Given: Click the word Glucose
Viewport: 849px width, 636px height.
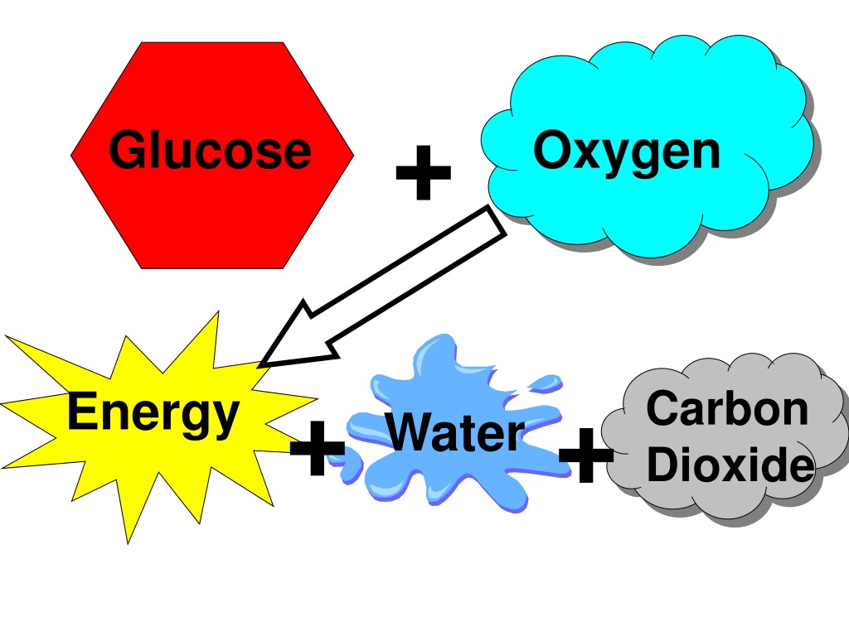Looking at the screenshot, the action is point(210,149).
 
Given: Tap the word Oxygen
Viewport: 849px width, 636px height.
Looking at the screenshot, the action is point(627,153).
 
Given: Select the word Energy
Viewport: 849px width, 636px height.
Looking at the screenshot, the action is point(153,414).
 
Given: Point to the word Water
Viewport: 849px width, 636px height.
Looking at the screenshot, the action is point(455,432).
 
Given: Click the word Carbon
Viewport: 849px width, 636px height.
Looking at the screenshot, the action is point(727,408).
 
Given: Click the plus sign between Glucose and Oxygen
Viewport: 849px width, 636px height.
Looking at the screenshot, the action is point(424,172).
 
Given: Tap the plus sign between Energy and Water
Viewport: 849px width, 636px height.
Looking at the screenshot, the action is point(318,448).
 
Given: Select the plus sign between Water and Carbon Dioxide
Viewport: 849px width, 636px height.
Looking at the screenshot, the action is point(586,455).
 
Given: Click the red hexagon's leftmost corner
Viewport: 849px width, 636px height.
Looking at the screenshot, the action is point(71,155).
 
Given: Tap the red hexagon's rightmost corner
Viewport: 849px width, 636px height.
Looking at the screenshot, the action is point(354,155).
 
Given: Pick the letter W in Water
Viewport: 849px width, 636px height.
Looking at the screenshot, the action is point(411,432).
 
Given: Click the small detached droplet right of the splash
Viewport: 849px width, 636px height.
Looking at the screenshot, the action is point(545,383).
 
